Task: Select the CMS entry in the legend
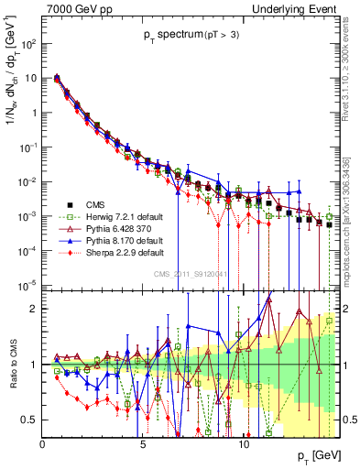click(94, 204)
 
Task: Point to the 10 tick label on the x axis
click(244, 445)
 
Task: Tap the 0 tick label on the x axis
click(43, 445)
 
